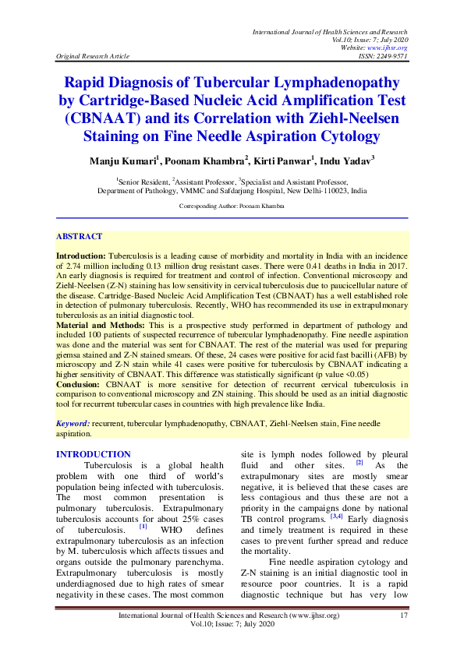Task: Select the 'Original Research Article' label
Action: (97, 57)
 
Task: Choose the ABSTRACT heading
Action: (79, 236)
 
